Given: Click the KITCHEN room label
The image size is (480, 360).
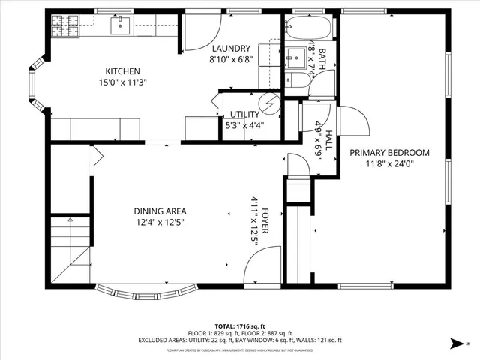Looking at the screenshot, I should point(122,71).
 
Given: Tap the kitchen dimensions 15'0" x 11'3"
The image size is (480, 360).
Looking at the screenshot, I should point(122,82).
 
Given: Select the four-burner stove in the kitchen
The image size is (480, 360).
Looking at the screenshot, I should point(60,28).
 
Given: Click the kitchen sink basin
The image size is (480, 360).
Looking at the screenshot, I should point(121,26).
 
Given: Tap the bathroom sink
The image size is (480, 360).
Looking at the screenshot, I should point(294,57).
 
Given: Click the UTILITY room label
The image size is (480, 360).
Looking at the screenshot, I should point(244,115).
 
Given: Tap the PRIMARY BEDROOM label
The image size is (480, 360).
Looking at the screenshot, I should point(390,152).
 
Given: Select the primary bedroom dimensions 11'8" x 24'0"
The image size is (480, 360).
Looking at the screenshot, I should point(390,163).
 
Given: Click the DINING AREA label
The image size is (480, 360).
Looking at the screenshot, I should point(160,211).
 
